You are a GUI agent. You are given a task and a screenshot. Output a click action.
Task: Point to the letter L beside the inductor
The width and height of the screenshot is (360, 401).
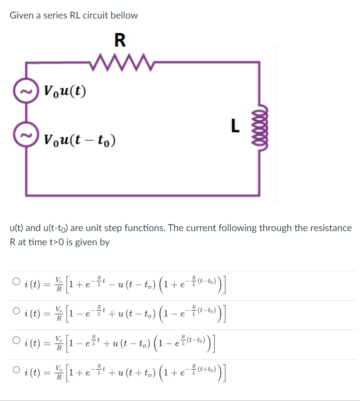[234, 126]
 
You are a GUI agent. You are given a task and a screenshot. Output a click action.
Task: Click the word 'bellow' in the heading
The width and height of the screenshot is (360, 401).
[124, 15]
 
